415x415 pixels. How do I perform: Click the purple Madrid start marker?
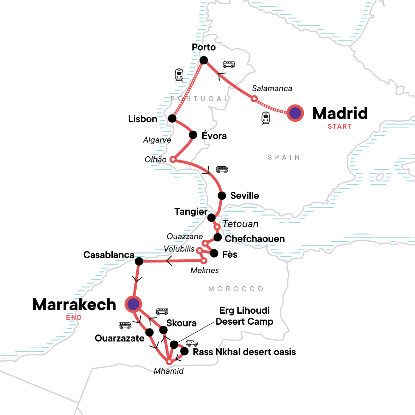coord(295,113)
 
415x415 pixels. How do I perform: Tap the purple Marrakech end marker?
coord(133,304)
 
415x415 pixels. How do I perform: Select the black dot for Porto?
coord(204,61)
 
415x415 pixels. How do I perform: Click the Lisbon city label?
coord(142,119)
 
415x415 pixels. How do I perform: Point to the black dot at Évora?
coord(193,135)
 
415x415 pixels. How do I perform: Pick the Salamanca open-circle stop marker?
coord(254,99)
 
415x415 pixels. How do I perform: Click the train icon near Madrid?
coord(265,118)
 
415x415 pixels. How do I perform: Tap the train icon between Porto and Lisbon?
coord(179,75)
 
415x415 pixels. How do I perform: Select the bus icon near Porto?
coord(229,64)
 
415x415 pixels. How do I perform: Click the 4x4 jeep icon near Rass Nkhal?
coord(192,343)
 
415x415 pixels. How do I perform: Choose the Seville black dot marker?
coord(222,195)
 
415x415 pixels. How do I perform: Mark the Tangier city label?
coord(191,211)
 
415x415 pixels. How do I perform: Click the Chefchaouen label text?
coord(255,239)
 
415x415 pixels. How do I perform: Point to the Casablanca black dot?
coord(139,261)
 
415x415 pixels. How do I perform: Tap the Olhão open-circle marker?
coord(173,160)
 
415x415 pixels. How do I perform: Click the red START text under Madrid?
coord(340,127)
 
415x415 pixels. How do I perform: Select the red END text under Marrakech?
coord(74,317)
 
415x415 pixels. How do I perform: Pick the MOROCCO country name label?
coord(236,289)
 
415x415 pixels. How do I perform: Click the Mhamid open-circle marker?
coord(169,362)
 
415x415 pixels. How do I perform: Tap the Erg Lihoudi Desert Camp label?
coord(244,316)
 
